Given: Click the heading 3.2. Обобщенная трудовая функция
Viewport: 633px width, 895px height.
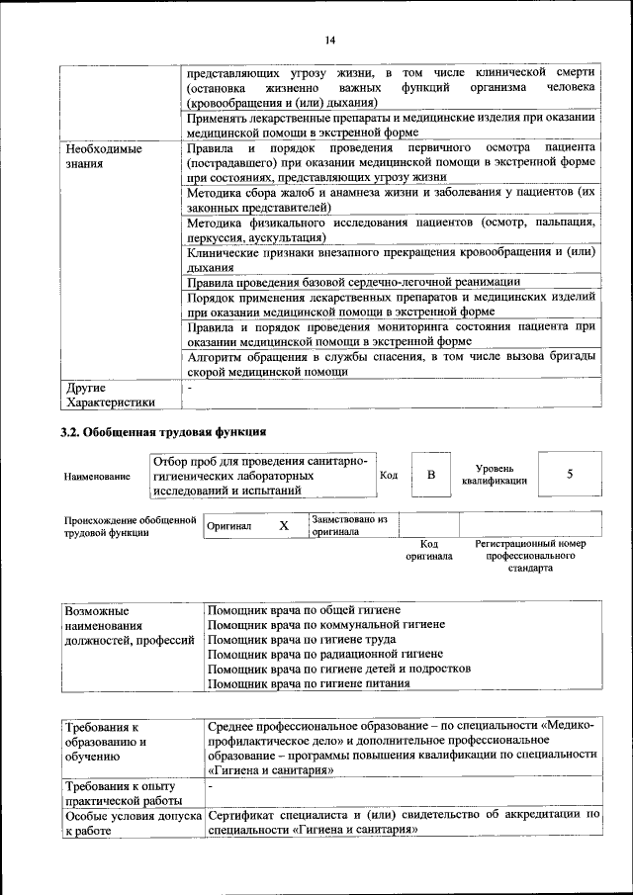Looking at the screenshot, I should point(164,432).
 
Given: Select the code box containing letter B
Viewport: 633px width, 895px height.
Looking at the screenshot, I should point(430,475).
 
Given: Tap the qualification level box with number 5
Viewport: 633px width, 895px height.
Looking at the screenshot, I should point(570,474).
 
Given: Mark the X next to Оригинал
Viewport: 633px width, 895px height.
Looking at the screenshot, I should point(283,526).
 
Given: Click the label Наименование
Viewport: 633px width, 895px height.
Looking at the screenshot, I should point(97,476).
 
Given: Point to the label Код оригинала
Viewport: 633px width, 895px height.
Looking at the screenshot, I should point(428,550).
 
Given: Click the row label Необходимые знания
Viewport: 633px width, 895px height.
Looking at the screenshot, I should point(104,157).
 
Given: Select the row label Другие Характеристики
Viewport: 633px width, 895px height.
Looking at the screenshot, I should point(110,395).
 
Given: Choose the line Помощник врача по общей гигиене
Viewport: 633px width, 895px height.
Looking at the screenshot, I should point(305,611).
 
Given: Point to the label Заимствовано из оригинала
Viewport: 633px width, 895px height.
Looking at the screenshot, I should point(349,524).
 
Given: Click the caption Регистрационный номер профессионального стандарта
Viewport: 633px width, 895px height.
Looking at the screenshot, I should point(530,556).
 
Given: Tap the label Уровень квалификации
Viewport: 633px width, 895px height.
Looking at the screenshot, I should point(494,474).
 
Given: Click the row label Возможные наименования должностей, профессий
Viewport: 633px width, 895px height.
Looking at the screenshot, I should point(128,625).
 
